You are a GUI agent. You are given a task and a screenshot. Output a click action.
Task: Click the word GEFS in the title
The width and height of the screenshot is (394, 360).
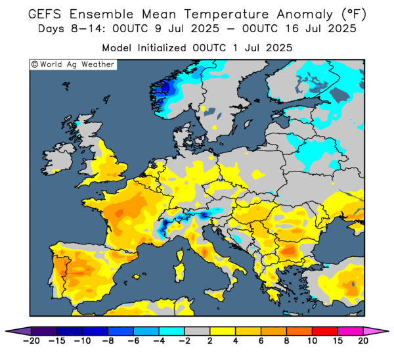(49, 13)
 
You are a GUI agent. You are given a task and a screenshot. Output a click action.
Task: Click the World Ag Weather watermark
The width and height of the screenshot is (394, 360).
(73, 64)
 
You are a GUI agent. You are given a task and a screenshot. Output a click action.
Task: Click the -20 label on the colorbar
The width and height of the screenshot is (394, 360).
(31, 341)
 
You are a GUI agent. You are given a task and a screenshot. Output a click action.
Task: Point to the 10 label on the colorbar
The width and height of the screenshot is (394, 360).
(313, 341)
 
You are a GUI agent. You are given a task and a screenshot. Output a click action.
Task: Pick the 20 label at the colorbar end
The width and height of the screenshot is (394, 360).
(363, 341)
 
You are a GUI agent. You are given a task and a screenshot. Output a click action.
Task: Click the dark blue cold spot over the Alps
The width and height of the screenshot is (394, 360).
(163, 228)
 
